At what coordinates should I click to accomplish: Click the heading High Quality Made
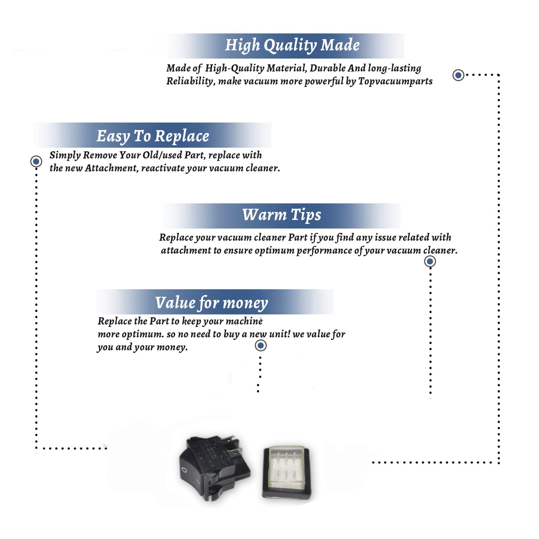(292, 46)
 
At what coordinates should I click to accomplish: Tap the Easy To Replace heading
(153, 137)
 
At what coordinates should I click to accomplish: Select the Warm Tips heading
(282, 215)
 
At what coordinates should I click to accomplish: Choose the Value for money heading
(212, 303)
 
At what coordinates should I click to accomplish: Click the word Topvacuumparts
(395, 81)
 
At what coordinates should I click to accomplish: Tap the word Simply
(65, 155)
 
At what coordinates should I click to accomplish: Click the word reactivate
(163, 168)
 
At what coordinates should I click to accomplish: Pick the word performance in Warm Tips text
(324, 250)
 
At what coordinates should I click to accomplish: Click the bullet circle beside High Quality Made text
(458, 75)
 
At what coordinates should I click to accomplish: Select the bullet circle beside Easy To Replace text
(36, 161)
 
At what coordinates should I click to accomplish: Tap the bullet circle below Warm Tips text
(430, 261)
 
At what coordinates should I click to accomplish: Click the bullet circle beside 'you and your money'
(261, 346)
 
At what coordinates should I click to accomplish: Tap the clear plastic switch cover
(286, 472)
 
